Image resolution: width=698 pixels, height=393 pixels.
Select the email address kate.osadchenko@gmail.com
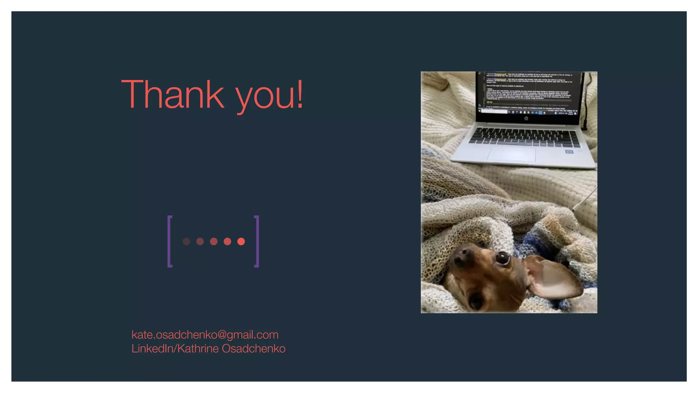coord(205,335)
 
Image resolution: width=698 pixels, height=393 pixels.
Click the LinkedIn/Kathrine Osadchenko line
coord(208,349)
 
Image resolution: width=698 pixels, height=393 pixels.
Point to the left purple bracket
coord(169,241)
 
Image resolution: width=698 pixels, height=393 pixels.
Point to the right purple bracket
coord(257,241)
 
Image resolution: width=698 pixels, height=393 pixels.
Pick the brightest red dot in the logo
coord(241,242)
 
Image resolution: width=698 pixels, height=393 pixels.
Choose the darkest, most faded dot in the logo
coord(186,242)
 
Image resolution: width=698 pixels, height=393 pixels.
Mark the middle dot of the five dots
coord(214,242)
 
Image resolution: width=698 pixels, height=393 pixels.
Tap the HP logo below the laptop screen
coord(526,118)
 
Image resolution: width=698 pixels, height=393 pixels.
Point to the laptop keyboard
coord(525,137)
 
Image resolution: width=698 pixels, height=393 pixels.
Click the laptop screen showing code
coord(528,92)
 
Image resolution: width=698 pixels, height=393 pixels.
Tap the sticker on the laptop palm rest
coord(569,152)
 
